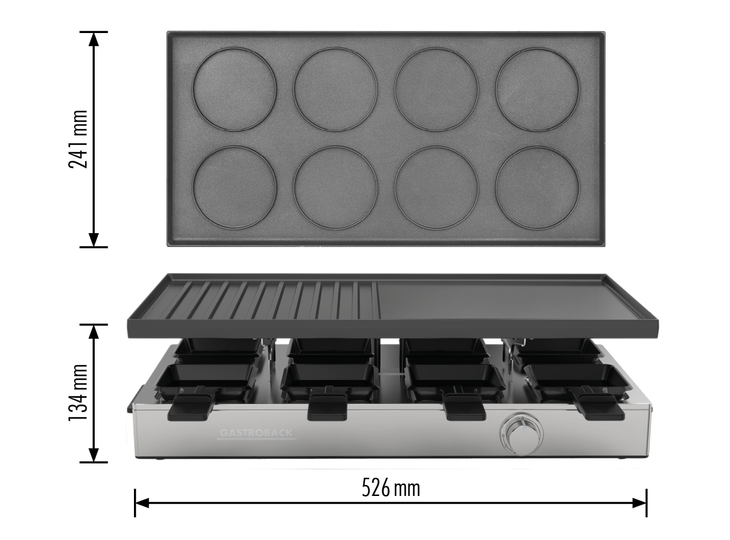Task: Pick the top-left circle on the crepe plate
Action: (x=234, y=89)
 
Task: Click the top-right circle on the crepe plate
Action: (x=537, y=89)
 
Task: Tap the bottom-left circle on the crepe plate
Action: (x=234, y=187)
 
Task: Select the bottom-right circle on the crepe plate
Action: (x=537, y=187)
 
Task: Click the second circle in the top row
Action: (x=336, y=89)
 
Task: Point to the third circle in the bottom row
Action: (x=436, y=187)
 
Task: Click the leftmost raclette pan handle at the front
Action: (x=191, y=407)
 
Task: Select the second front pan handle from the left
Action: (x=328, y=408)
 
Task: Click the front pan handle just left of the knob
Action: (x=464, y=407)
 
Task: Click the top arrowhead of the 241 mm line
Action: (x=94, y=38)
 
